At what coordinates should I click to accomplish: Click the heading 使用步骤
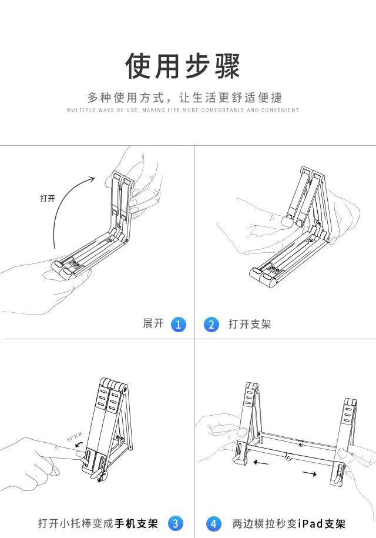tap(183, 65)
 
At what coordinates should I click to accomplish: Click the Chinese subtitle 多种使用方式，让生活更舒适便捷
tap(184, 98)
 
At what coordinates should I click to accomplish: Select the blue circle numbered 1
tap(179, 324)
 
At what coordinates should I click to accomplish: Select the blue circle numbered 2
tap(211, 324)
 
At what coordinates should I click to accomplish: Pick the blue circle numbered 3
tap(176, 523)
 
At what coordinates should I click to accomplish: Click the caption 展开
tap(153, 323)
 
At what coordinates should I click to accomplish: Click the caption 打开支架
tap(250, 324)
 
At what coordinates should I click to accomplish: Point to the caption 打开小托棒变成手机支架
tap(98, 523)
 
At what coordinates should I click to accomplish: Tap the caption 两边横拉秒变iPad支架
tap(288, 523)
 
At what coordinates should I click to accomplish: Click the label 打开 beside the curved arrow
tap(48, 198)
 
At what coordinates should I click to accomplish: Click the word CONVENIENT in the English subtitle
tap(280, 110)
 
